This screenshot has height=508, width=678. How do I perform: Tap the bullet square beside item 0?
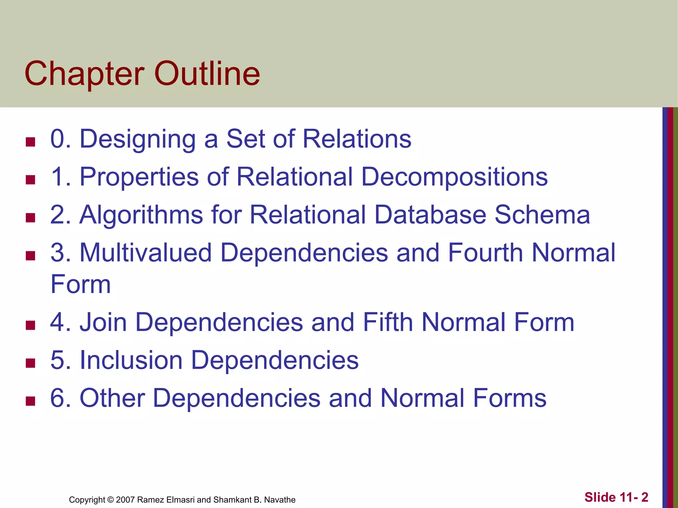click(30, 142)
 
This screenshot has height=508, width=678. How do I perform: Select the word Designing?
click(138, 139)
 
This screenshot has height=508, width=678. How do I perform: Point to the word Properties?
click(139, 177)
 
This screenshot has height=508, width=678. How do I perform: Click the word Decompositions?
click(454, 177)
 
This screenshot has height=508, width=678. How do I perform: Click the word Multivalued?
click(146, 253)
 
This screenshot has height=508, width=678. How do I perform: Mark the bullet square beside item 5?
click(30, 363)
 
